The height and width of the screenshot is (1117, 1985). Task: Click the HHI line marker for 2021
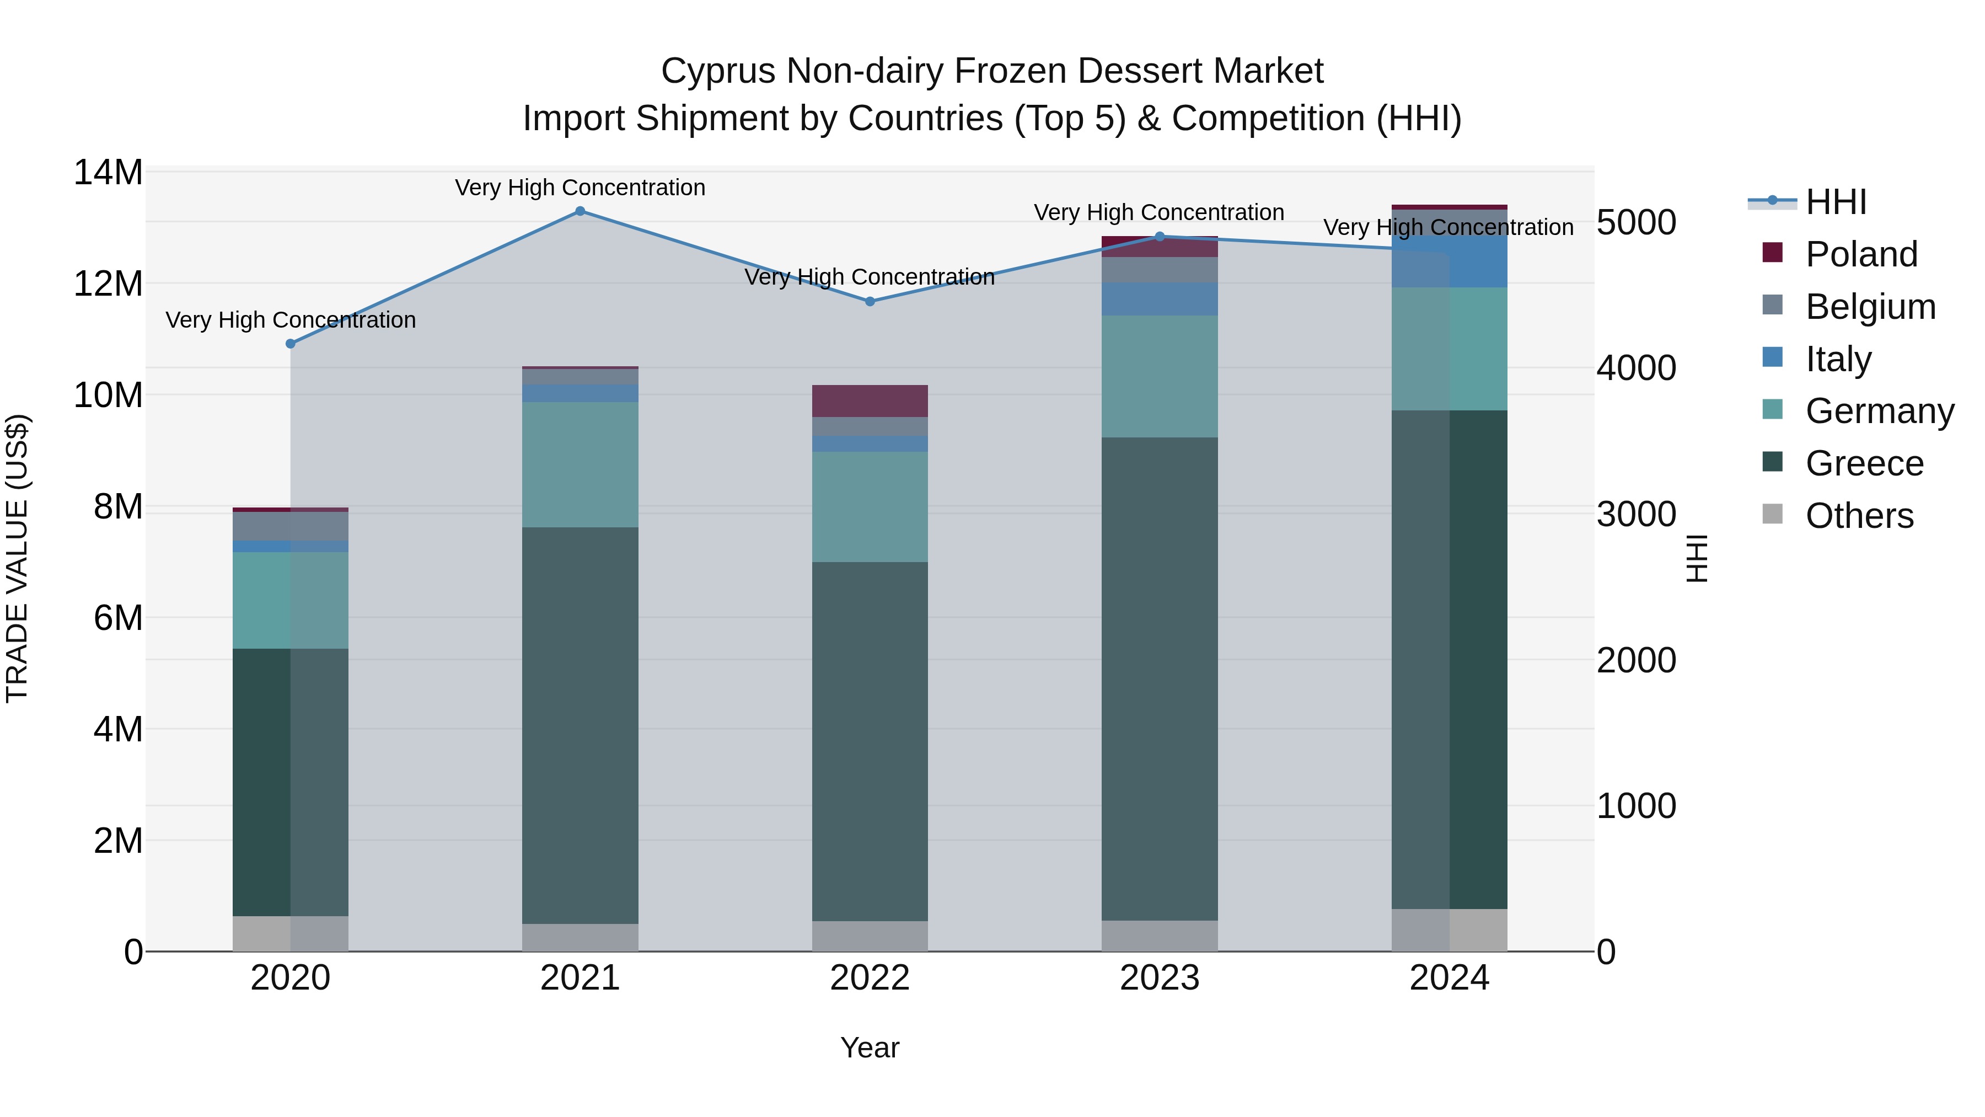pyautogui.click(x=580, y=211)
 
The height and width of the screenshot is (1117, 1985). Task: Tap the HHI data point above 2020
pyautogui.click(x=291, y=344)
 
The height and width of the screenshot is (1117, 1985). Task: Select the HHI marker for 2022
pyautogui.click(x=870, y=301)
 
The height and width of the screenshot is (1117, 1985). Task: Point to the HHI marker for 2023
pyautogui.click(x=1160, y=237)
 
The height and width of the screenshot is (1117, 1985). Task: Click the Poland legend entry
pyautogui.click(x=1860, y=254)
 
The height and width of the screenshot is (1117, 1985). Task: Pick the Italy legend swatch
pyautogui.click(x=1772, y=357)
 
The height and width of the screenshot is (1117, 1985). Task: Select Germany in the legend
pyautogui.click(x=1879, y=411)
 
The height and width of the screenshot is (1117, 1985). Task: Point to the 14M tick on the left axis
pyautogui.click(x=108, y=172)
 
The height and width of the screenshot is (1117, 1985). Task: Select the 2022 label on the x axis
pyautogui.click(x=870, y=978)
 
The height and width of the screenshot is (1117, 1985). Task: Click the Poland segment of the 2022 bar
pyautogui.click(x=870, y=401)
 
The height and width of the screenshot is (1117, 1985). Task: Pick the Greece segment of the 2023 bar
pyautogui.click(x=1160, y=678)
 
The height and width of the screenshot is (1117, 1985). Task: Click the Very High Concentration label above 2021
pyautogui.click(x=580, y=188)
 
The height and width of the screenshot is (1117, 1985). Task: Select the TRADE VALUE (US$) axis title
pyautogui.click(x=18, y=558)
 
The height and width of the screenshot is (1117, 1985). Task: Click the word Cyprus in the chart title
pyautogui.click(x=717, y=71)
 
